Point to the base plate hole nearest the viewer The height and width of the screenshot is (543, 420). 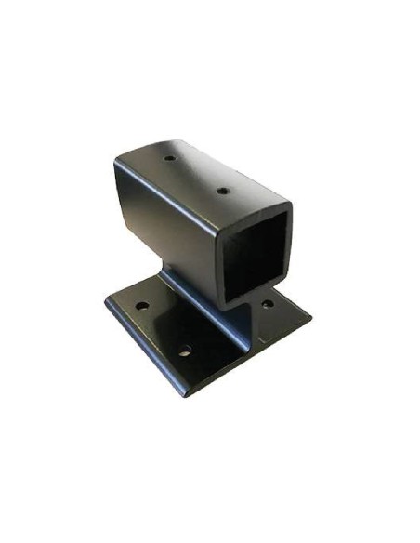click(x=185, y=351)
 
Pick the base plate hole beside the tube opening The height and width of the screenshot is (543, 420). click(x=267, y=303)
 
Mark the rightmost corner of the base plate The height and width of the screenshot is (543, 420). click(x=310, y=317)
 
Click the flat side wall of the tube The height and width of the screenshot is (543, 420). click(x=167, y=223)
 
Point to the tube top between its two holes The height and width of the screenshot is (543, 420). click(x=197, y=174)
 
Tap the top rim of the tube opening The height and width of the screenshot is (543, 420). click(x=256, y=206)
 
